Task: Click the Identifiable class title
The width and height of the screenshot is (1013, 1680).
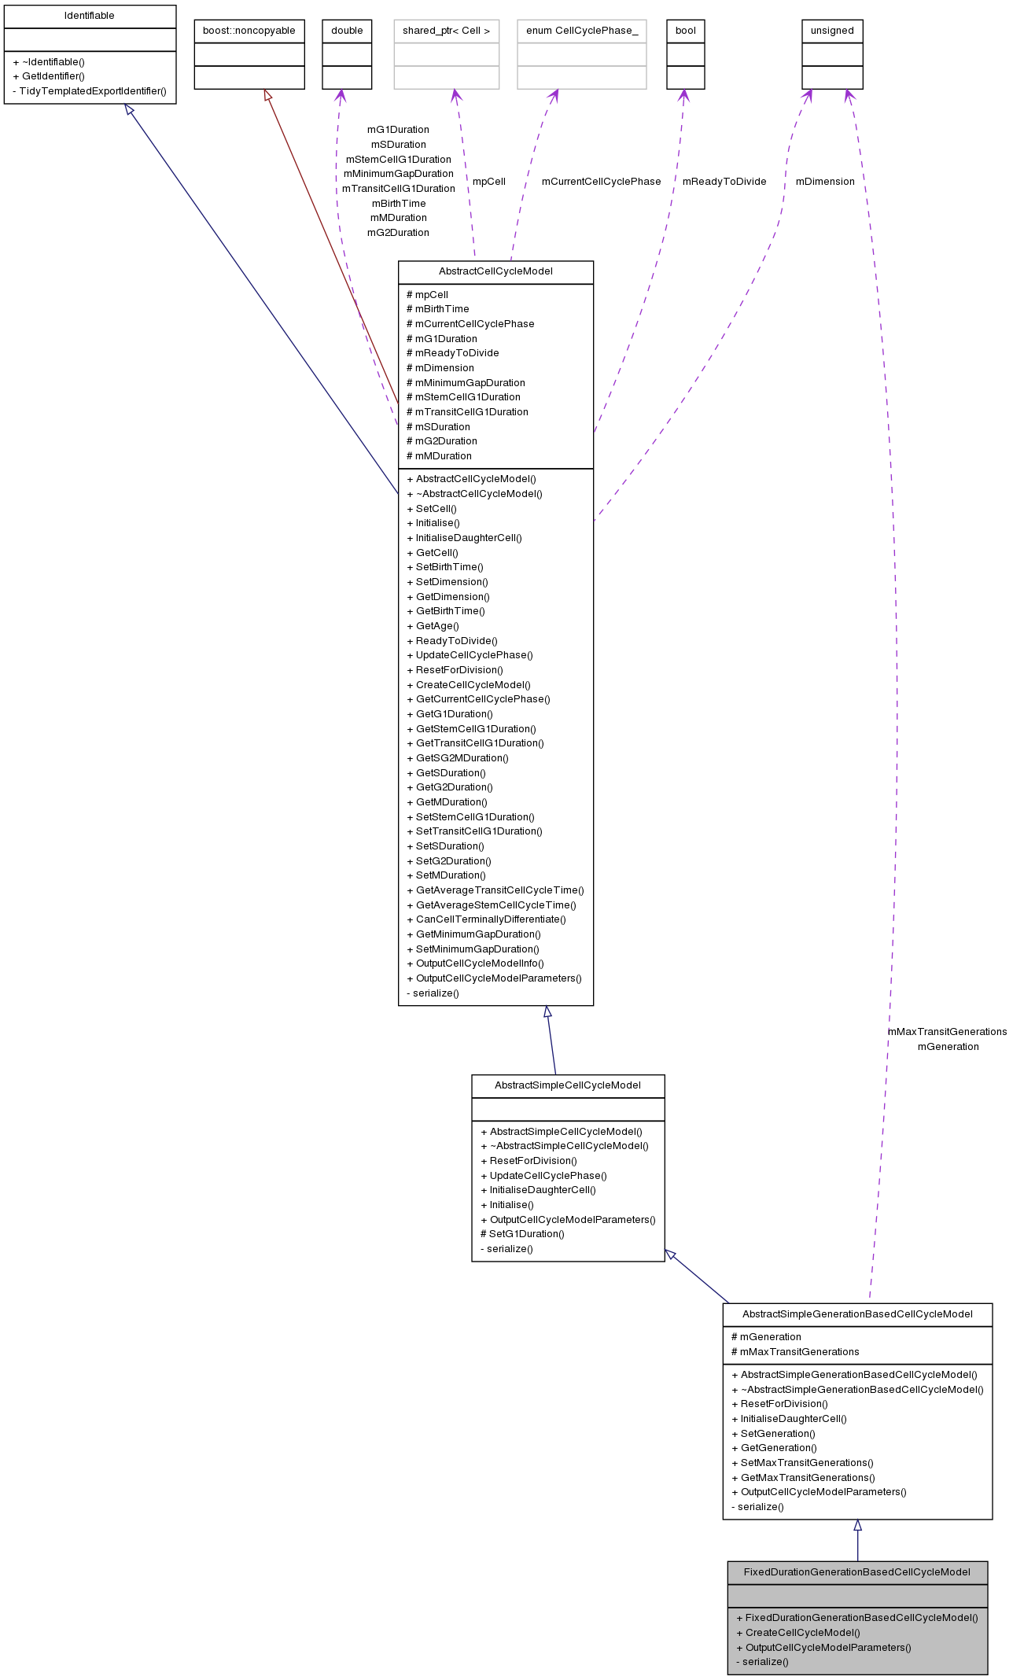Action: (x=90, y=16)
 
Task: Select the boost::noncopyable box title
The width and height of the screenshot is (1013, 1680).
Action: (x=249, y=31)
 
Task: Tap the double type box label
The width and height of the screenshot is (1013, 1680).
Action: (x=347, y=31)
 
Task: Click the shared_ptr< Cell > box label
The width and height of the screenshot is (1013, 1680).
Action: (x=446, y=31)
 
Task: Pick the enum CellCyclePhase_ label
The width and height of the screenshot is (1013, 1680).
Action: (x=581, y=31)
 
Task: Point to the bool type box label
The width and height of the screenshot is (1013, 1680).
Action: (x=685, y=31)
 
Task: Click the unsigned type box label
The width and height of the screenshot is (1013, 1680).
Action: (x=831, y=31)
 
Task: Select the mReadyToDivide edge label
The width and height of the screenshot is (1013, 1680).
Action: (x=724, y=182)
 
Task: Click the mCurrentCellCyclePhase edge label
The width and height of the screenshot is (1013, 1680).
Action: (x=601, y=182)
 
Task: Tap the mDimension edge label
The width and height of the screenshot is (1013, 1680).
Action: (x=824, y=182)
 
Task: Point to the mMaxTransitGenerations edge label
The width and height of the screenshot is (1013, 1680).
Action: (x=947, y=1032)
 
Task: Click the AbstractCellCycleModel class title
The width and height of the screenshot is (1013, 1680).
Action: (x=495, y=271)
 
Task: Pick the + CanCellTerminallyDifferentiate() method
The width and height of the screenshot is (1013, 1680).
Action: (x=486, y=919)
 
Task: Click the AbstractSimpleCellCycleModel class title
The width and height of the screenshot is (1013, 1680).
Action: (x=567, y=1085)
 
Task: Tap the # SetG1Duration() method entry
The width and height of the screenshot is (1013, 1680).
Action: (x=522, y=1234)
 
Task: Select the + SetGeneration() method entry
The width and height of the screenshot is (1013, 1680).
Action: (x=773, y=1434)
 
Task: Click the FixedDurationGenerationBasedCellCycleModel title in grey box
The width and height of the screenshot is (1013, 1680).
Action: (x=856, y=1572)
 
